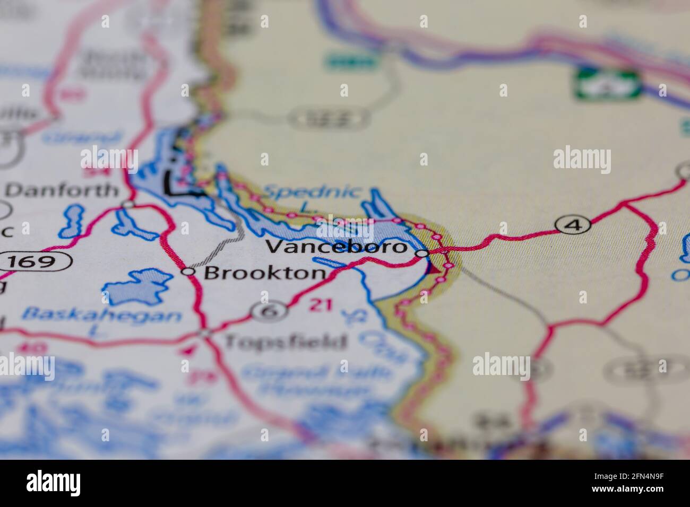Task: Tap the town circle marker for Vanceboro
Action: tap(421, 254)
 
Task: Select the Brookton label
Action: tap(264, 273)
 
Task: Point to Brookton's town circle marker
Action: tap(188, 272)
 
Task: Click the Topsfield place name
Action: tap(285, 342)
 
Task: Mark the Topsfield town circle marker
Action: tap(205, 333)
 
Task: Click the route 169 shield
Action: tap(36, 261)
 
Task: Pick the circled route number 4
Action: tap(572, 225)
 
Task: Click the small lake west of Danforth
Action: tap(73, 221)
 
